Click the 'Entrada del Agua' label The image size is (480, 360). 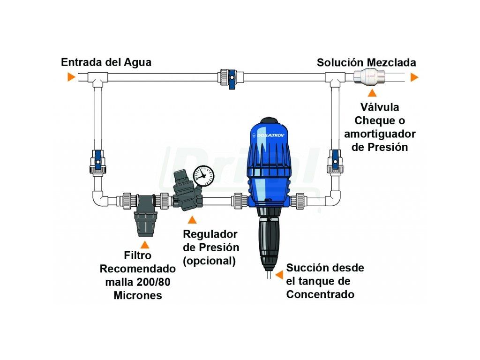pyautogui.click(x=106, y=62)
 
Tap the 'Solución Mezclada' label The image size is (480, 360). pyautogui.click(x=367, y=62)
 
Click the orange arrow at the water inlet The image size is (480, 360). pyautogui.click(x=71, y=77)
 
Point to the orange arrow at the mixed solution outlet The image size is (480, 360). pyautogui.click(x=414, y=77)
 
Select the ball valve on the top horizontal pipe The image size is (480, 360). pyautogui.click(x=232, y=78)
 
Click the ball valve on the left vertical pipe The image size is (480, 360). pyautogui.click(x=98, y=163)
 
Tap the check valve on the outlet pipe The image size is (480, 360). pyautogui.click(x=369, y=77)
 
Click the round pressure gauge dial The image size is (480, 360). pyautogui.click(x=203, y=176)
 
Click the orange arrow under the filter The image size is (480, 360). pyautogui.click(x=145, y=244)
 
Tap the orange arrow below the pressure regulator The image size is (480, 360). pyautogui.click(x=192, y=219)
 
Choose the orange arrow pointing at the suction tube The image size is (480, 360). pyautogui.click(x=279, y=275)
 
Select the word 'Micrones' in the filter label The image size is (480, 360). pyautogui.click(x=138, y=295)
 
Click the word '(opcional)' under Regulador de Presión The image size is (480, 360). pyautogui.click(x=210, y=261)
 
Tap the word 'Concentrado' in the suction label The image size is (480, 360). pyautogui.click(x=320, y=294)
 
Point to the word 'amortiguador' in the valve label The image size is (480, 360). pyautogui.click(x=380, y=134)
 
